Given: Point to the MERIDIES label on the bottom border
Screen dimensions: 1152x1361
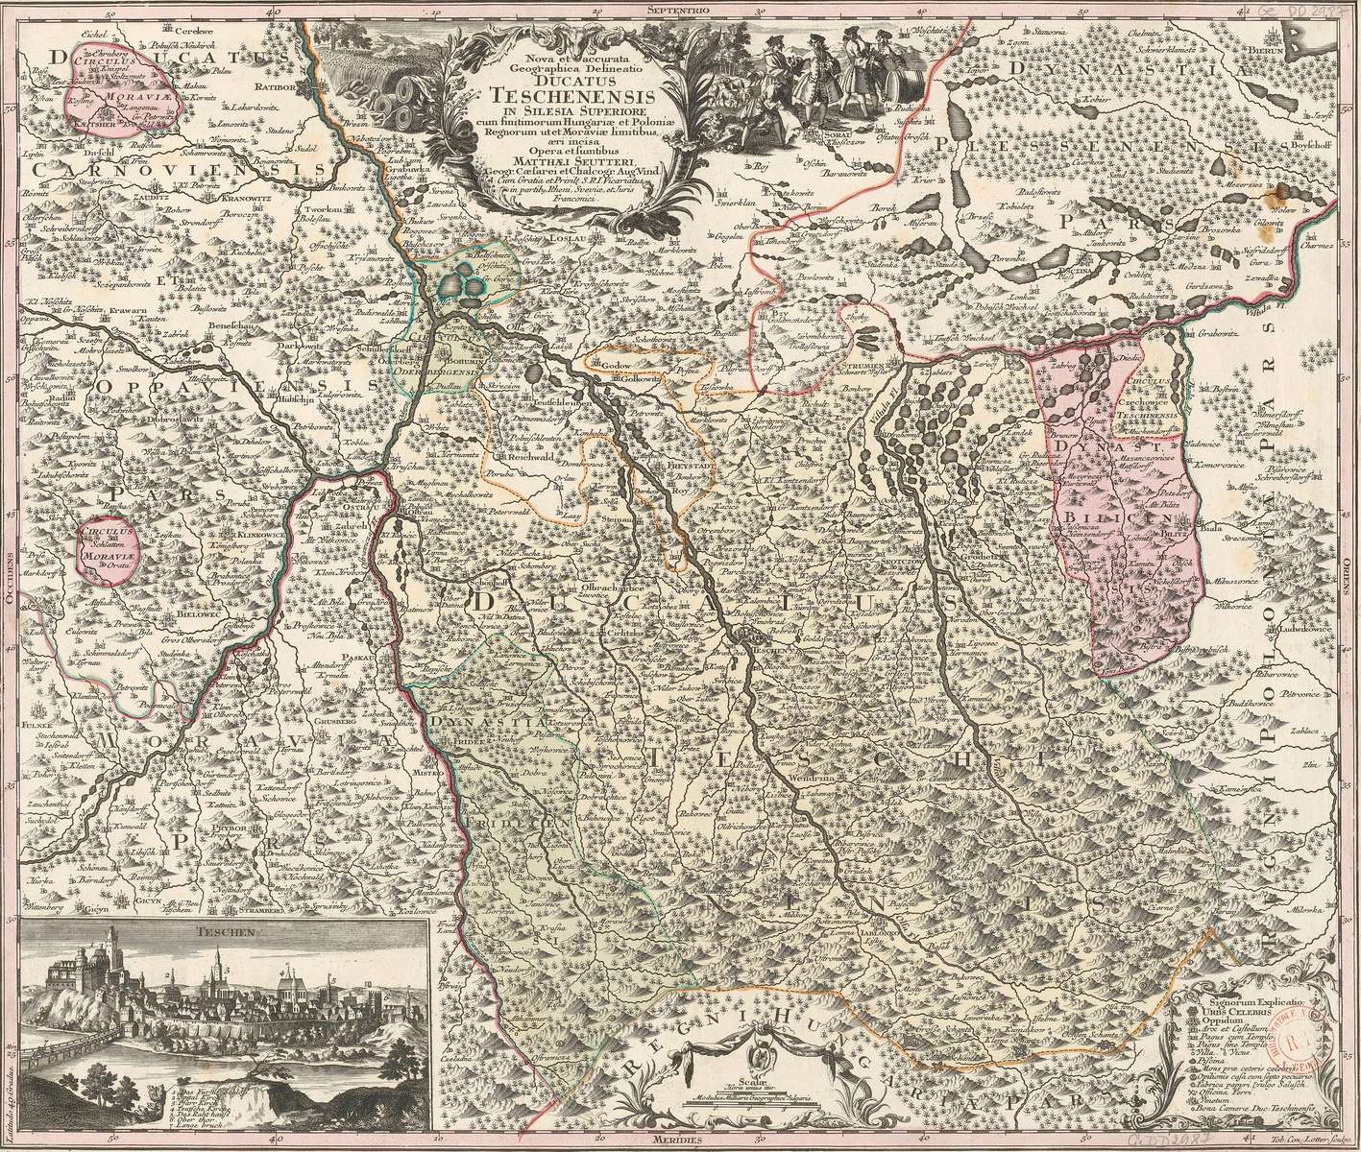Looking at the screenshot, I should [x=684, y=1143].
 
